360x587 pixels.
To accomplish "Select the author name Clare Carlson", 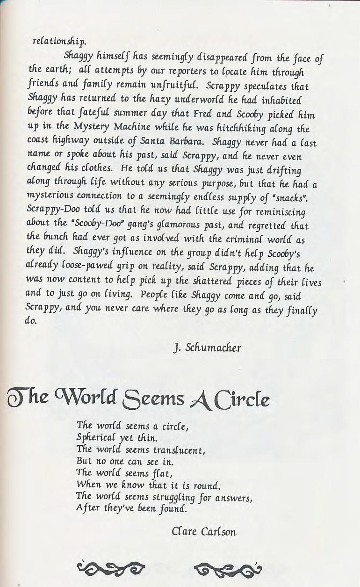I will pos(204,531).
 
